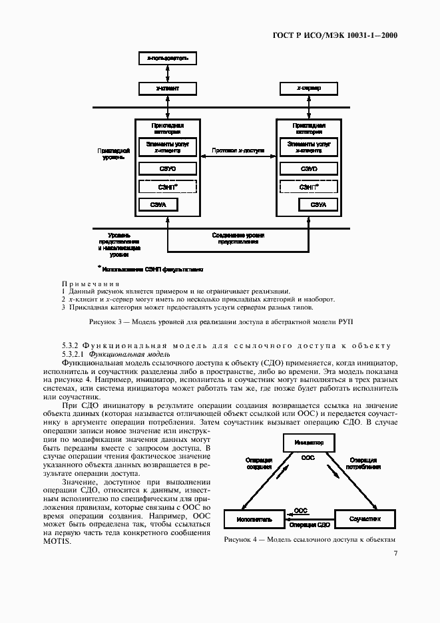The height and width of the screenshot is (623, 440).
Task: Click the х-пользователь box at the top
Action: click(x=167, y=59)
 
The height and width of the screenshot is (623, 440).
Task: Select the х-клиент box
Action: click(x=167, y=88)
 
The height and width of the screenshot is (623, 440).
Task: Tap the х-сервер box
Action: click(x=308, y=88)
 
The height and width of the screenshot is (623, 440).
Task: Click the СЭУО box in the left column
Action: click(x=167, y=169)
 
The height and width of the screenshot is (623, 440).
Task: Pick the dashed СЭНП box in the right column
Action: click(x=308, y=187)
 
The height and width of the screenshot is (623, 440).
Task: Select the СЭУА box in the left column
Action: click(x=167, y=206)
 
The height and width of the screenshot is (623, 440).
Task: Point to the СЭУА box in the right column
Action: click(x=308, y=206)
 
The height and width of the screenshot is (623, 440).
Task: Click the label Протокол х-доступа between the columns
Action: click(x=238, y=151)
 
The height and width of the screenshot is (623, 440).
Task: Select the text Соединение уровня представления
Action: click(x=238, y=238)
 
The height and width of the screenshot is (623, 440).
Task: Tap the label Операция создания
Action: click(x=258, y=463)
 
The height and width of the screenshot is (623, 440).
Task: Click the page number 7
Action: click(x=395, y=553)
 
